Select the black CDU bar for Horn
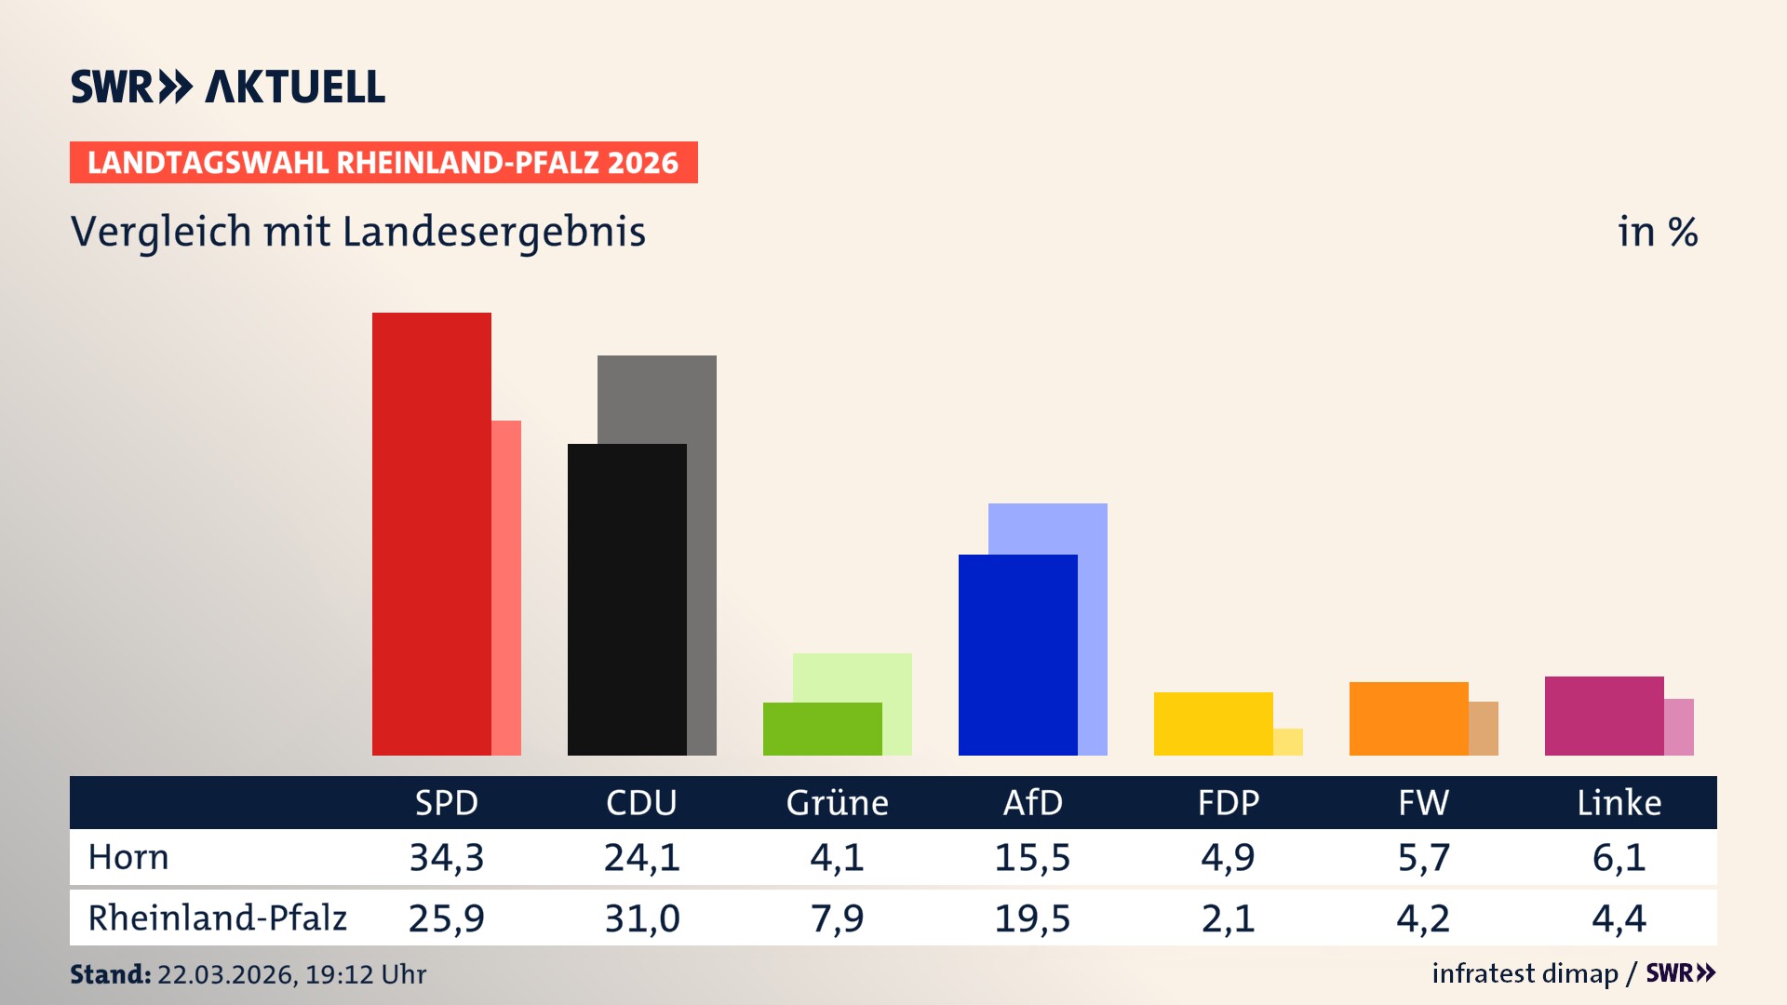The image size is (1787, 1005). click(x=626, y=599)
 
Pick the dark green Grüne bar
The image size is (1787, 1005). click(x=822, y=729)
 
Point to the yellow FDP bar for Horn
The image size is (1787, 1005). click(x=1213, y=723)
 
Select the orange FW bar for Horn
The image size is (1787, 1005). click(x=1408, y=718)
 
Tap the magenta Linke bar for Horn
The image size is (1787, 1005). click(x=1604, y=716)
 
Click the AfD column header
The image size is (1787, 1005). click(x=1032, y=802)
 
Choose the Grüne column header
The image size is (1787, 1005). click(x=837, y=802)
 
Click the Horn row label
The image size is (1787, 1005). click(x=128, y=857)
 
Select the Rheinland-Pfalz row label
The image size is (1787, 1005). click(x=217, y=918)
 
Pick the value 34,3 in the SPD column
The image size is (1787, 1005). click(x=447, y=857)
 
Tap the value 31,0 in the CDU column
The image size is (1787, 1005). click(x=642, y=918)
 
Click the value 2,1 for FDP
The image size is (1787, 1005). click(x=1228, y=918)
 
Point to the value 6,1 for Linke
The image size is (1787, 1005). click(x=1619, y=857)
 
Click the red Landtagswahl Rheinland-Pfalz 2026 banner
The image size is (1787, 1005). click(x=383, y=163)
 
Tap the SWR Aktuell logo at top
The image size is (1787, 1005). click(x=228, y=87)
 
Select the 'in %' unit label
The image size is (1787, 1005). click(x=1657, y=232)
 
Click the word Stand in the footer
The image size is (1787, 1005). click(x=110, y=974)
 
